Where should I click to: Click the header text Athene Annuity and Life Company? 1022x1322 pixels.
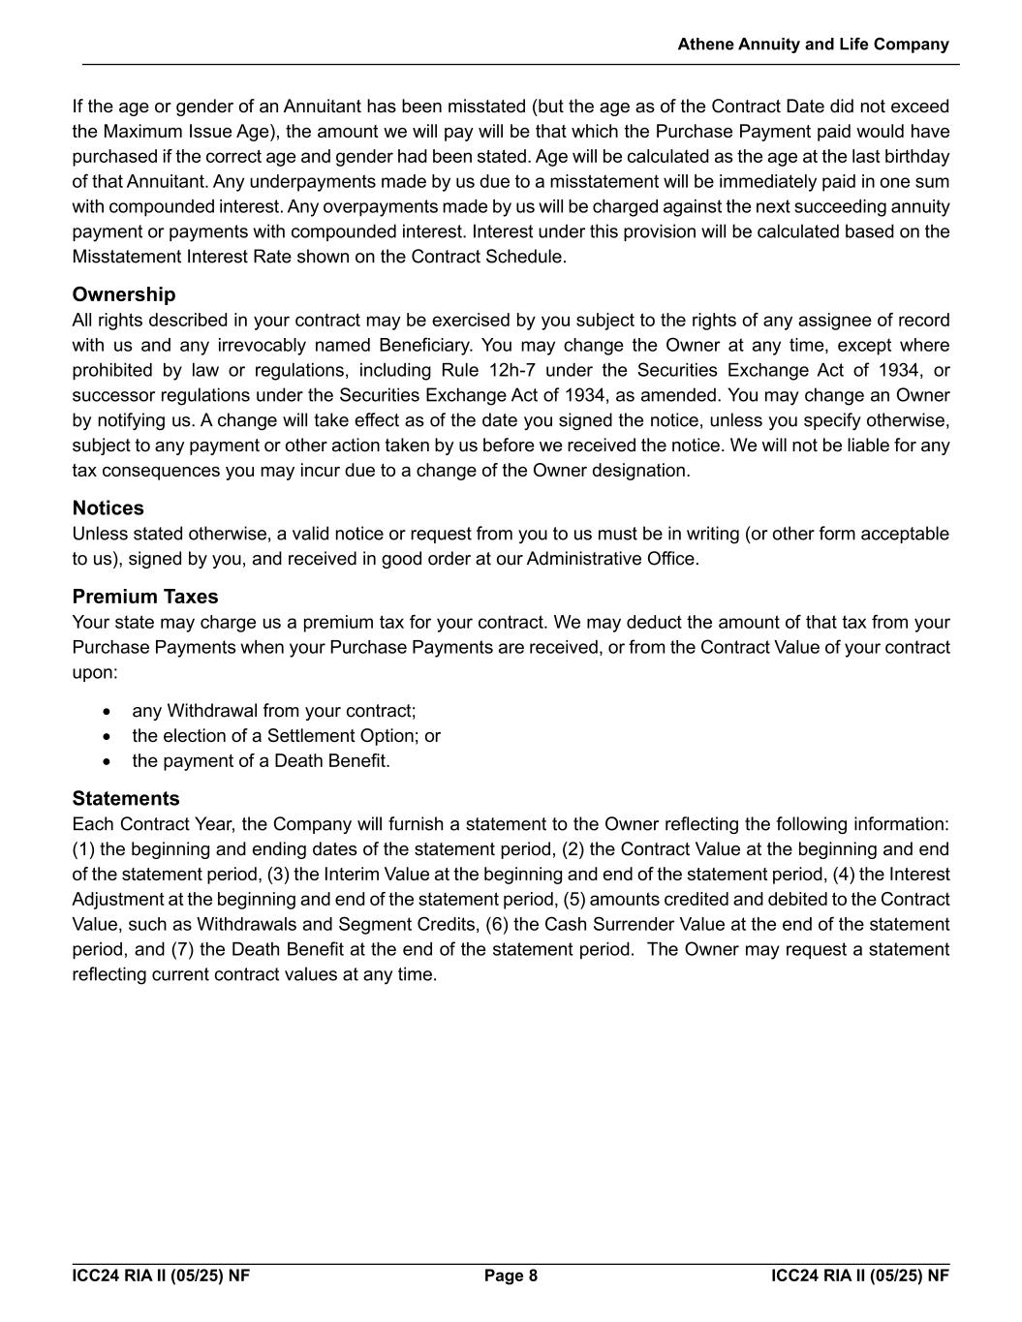click(x=813, y=45)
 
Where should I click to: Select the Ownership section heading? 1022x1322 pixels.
click(x=124, y=294)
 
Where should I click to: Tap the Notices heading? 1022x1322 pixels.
click(x=108, y=508)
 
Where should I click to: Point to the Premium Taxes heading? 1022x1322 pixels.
click(x=145, y=597)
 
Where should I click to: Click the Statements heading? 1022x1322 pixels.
click(x=126, y=799)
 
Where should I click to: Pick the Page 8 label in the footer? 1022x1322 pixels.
click(x=511, y=1276)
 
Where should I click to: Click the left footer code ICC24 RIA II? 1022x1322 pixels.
click(x=161, y=1276)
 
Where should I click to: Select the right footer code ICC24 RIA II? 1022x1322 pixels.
click(x=860, y=1276)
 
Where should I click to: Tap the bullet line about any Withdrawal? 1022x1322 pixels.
click(x=274, y=711)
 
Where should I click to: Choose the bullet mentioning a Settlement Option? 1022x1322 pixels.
click(x=286, y=736)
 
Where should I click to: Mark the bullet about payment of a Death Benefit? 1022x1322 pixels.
click(x=262, y=761)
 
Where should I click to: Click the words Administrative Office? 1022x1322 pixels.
click(x=610, y=559)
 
